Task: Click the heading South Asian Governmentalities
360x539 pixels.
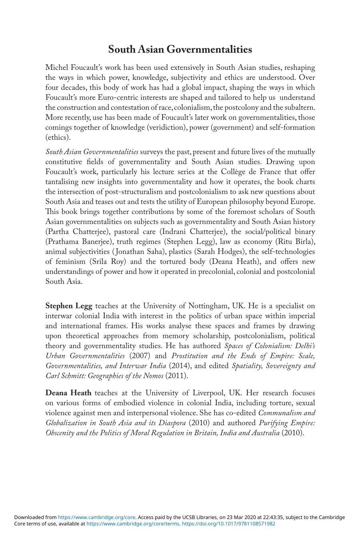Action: pyautogui.click(x=180, y=50)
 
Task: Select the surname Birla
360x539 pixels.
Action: pyautogui.click(x=305, y=242)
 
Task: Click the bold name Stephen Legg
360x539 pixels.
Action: pyautogui.click(x=69, y=306)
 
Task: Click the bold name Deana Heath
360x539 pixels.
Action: pyautogui.click(x=68, y=393)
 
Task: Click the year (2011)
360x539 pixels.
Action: pyautogui.click(x=176, y=376)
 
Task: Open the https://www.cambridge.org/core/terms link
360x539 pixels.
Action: pyautogui.click(x=133, y=524)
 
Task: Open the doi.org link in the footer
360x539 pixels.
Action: pyautogui.click(x=229, y=524)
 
